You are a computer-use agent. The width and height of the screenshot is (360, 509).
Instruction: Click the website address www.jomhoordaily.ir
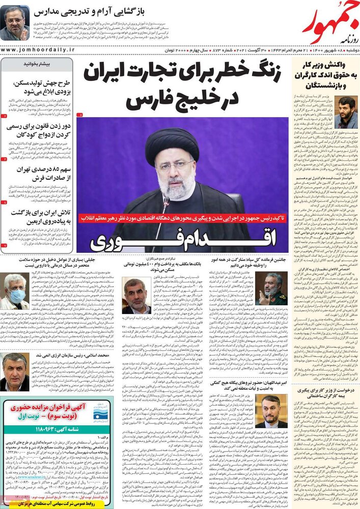tap(38, 49)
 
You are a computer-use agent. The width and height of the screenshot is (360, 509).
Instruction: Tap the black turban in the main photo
tap(172, 145)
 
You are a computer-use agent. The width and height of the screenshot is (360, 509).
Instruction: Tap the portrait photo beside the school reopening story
tap(15, 23)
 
